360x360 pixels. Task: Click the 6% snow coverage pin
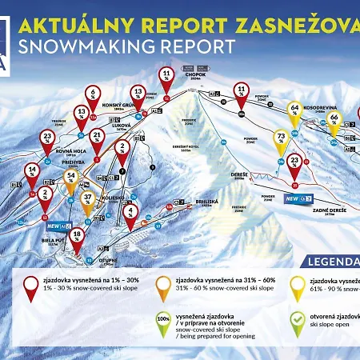(x=93, y=96)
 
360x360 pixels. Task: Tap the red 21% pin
(x=97, y=138)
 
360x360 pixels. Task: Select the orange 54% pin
(x=71, y=178)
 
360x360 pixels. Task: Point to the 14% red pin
(x=32, y=172)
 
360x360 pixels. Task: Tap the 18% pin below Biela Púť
(x=77, y=237)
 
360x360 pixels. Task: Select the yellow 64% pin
(x=294, y=110)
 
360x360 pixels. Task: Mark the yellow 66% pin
(x=334, y=122)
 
